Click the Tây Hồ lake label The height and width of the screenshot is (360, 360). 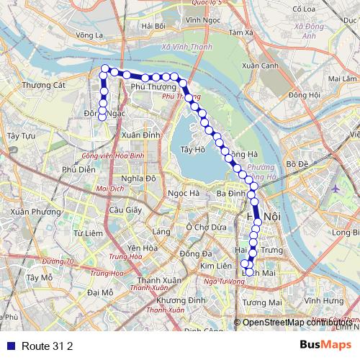(194, 150)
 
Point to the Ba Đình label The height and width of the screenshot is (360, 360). (232, 194)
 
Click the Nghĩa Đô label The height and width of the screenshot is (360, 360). (139, 179)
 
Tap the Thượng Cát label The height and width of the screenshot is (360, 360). (44, 85)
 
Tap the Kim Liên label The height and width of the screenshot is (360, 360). (215, 266)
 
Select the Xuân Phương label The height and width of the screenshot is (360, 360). (36, 212)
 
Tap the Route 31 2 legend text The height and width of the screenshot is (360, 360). (48, 346)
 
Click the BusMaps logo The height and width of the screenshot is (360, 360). (325, 345)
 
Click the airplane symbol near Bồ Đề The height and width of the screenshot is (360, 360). (336, 188)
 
